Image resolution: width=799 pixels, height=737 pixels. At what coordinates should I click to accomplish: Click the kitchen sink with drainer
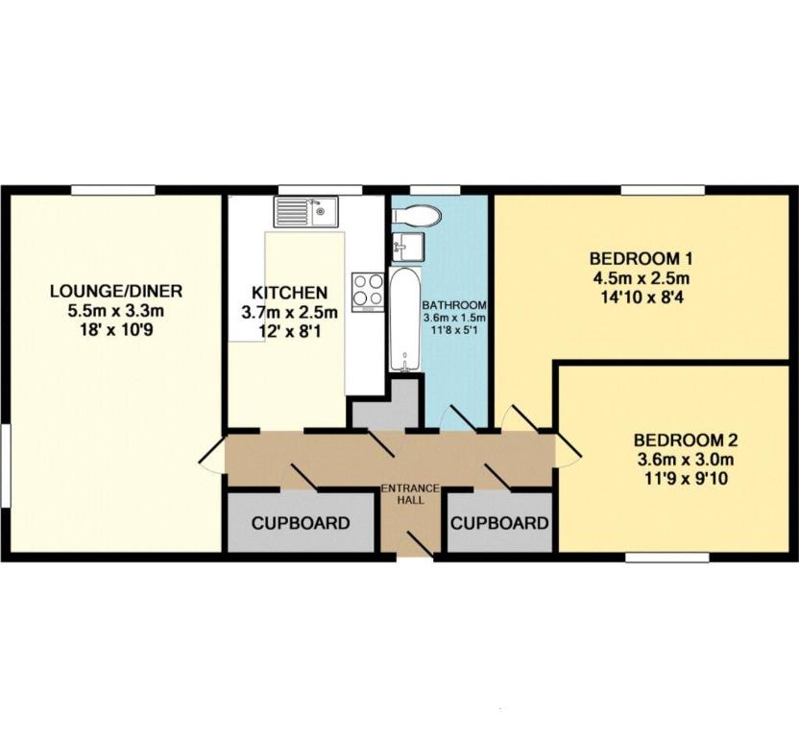pyautogui.click(x=305, y=211)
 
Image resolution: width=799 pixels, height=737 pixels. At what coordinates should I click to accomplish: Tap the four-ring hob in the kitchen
pyautogui.click(x=368, y=293)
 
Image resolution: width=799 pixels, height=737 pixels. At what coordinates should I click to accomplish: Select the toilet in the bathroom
pyautogui.click(x=417, y=215)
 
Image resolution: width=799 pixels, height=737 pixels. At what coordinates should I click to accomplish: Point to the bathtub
pyautogui.click(x=405, y=320)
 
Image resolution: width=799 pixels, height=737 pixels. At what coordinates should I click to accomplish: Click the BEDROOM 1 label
pyautogui.click(x=642, y=259)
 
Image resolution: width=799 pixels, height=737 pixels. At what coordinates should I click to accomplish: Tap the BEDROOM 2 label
pyautogui.click(x=686, y=440)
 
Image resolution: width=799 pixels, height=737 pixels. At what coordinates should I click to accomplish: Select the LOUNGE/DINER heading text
pyautogui.click(x=116, y=292)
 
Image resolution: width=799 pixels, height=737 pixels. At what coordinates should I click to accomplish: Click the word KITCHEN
pyautogui.click(x=289, y=293)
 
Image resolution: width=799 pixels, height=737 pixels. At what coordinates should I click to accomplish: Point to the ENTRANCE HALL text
pyautogui.click(x=411, y=494)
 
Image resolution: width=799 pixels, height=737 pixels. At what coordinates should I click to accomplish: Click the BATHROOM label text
pyautogui.click(x=454, y=305)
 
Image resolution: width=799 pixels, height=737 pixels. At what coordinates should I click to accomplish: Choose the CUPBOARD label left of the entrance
pyautogui.click(x=301, y=523)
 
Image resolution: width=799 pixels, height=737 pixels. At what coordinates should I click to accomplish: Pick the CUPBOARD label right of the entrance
pyautogui.click(x=499, y=523)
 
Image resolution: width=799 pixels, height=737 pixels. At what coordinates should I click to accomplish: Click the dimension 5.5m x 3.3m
pyautogui.click(x=116, y=311)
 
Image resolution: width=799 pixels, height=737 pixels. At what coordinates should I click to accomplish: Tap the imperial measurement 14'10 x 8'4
pyautogui.click(x=642, y=297)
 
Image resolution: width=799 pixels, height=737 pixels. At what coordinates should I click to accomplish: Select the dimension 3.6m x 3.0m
pyautogui.click(x=686, y=460)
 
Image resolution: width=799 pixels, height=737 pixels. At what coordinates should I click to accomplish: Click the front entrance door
pyautogui.click(x=421, y=544)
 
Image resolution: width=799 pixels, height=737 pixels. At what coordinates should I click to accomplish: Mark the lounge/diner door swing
pyautogui.click(x=211, y=454)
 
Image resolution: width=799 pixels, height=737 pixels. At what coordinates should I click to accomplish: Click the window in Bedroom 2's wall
pyautogui.click(x=667, y=558)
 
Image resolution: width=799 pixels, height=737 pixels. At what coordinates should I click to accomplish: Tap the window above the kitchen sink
pyautogui.click(x=320, y=190)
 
